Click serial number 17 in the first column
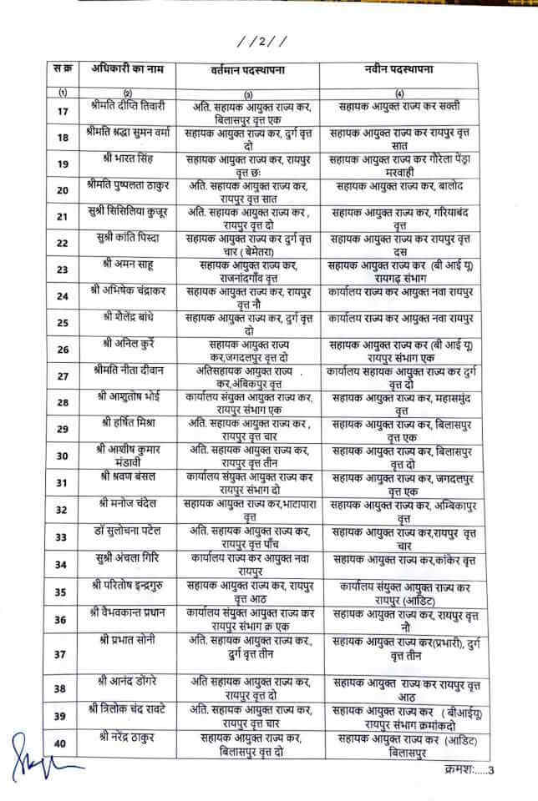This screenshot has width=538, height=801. pos(63,111)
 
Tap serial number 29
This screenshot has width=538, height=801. pos(63,429)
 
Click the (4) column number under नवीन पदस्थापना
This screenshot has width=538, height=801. pos(401,92)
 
